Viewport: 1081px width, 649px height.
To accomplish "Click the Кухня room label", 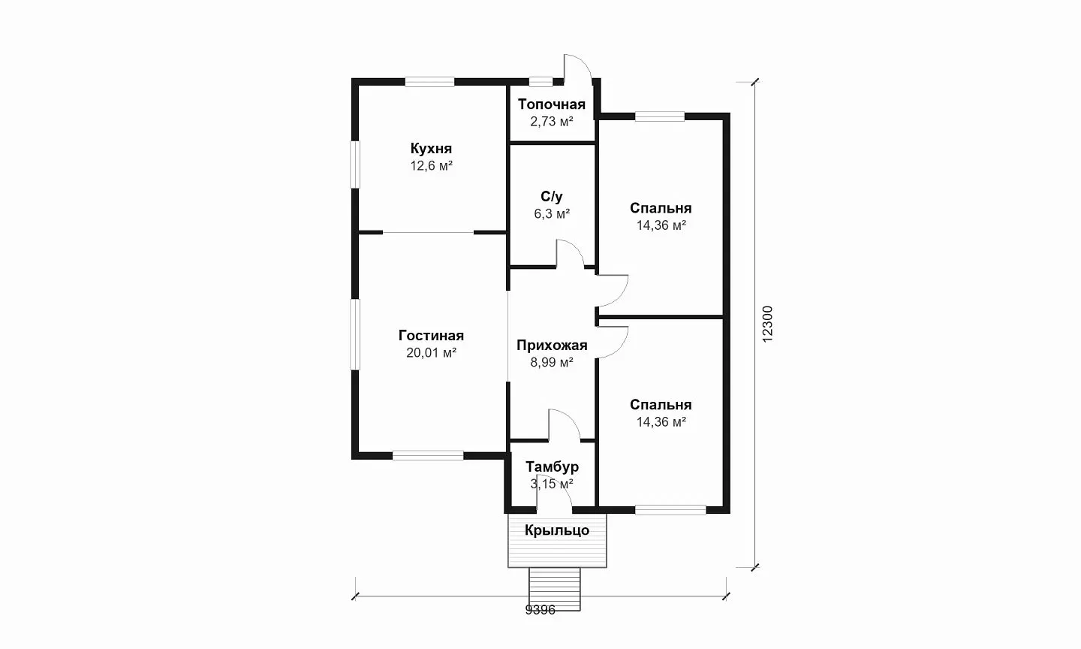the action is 431,148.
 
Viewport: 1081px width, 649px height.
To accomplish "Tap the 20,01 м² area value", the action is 431,353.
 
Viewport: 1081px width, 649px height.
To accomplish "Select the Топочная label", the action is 552,104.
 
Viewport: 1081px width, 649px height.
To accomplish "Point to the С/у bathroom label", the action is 552,197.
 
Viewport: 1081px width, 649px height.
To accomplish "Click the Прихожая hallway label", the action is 552,346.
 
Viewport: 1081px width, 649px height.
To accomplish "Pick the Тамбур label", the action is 552,467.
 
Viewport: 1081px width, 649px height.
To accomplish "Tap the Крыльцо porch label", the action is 557,530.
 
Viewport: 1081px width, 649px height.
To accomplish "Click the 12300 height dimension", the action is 767,324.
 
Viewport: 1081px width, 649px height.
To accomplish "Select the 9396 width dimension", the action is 540,611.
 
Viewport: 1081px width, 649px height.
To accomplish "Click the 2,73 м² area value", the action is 552,121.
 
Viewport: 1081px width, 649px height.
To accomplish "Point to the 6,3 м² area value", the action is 552,213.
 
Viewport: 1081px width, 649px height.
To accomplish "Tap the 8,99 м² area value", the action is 552,362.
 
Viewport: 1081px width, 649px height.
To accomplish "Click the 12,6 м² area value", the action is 431,165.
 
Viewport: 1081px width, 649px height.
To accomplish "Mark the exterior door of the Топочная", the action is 577,68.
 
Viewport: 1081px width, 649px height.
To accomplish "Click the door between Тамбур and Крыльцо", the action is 553,494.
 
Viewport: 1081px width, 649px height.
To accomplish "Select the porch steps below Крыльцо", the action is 555,589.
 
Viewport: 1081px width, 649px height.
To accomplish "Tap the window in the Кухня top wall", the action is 429,82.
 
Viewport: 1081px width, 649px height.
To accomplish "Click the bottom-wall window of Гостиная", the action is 428,455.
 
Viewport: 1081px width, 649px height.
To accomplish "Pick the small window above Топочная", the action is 540,82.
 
